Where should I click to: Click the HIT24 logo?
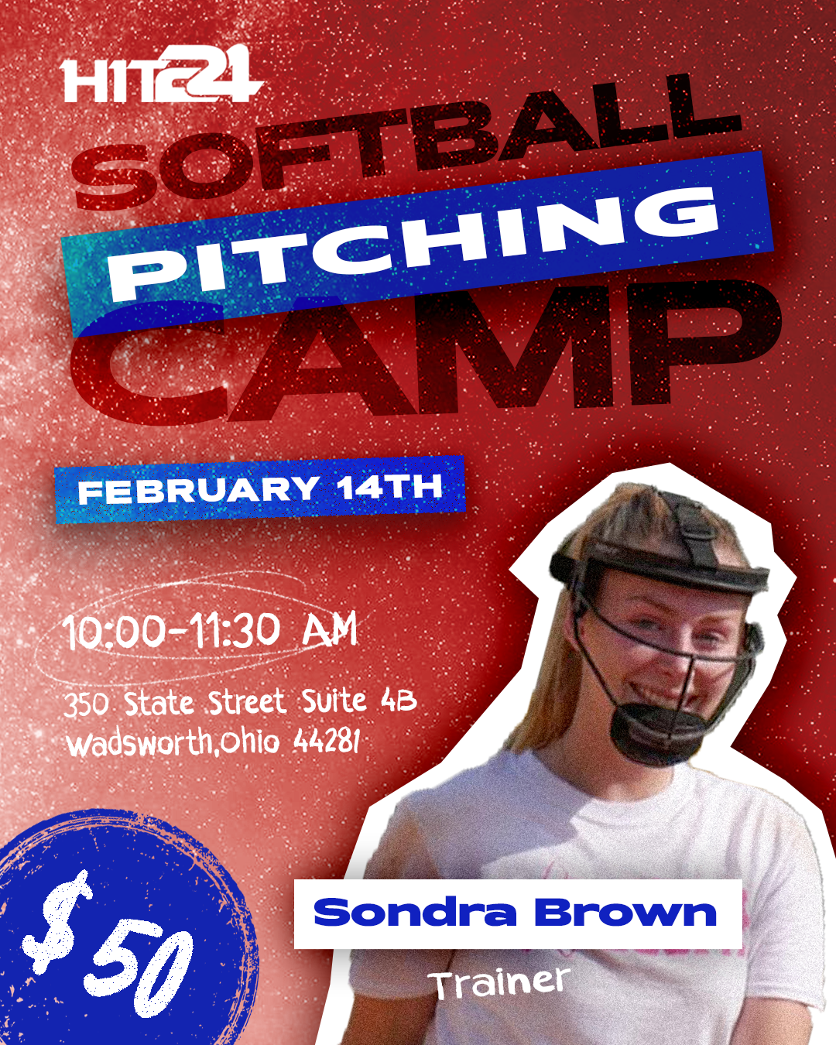[x=161, y=76]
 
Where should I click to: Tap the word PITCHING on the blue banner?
[x=414, y=245]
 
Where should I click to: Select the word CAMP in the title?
[x=426, y=352]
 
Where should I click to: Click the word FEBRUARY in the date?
[x=198, y=491]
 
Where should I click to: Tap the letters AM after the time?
[x=330, y=629]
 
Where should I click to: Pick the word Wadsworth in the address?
[x=139, y=743]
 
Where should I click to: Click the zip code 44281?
[x=327, y=742]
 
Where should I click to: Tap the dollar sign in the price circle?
[x=58, y=921]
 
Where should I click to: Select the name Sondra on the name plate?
[x=414, y=913]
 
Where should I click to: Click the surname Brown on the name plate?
[x=625, y=913]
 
